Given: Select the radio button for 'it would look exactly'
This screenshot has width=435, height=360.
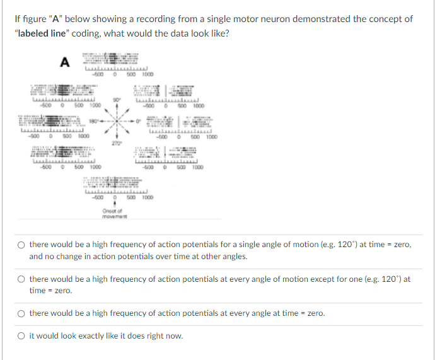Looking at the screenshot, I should pos(21,335).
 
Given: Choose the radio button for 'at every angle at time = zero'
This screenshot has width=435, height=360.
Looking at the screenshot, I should pos(21,313).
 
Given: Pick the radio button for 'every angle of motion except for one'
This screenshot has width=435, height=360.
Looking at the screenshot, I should pos(21,279).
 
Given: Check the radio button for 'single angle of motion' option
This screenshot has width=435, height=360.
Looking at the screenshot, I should pos(21,245).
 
